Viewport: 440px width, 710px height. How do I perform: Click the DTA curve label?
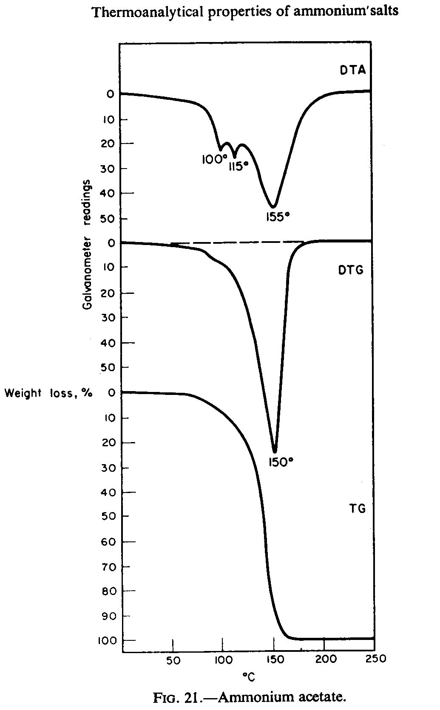[x=352, y=70]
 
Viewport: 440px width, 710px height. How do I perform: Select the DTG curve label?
[x=351, y=270]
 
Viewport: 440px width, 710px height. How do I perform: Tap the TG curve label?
[x=357, y=508]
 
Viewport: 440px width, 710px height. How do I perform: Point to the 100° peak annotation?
[x=215, y=159]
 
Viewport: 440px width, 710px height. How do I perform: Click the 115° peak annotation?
[x=238, y=166]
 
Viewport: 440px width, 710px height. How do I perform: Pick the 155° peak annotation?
[x=278, y=217]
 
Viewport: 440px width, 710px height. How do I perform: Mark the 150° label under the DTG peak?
[x=281, y=462]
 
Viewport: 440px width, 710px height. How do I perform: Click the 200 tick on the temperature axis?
[x=326, y=659]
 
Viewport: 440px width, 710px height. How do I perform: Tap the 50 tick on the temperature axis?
[x=173, y=661]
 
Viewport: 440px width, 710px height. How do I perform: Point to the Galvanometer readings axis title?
[x=87, y=245]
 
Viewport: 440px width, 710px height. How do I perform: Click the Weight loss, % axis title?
[x=48, y=393]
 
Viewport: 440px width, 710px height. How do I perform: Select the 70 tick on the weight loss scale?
[x=109, y=566]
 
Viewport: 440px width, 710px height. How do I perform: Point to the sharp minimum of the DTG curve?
[x=275, y=452]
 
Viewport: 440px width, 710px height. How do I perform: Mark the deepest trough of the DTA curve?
[x=274, y=207]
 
